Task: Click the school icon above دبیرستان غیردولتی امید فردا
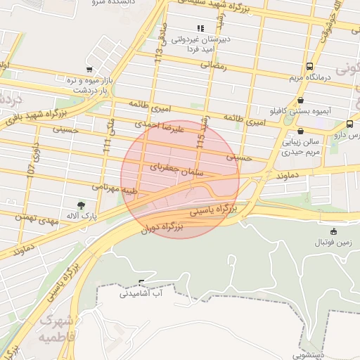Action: (x=200, y=29)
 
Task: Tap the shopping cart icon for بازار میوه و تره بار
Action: (x=89, y=70)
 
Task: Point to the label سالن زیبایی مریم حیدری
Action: (x=301, y=146)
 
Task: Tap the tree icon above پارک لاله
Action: (x=82, y=205)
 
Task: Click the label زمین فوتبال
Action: (x=330, y=242)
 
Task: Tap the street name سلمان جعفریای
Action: (x=176, y=168)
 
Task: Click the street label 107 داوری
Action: (x=31, y=161)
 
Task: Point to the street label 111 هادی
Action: (x=109, y=135)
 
